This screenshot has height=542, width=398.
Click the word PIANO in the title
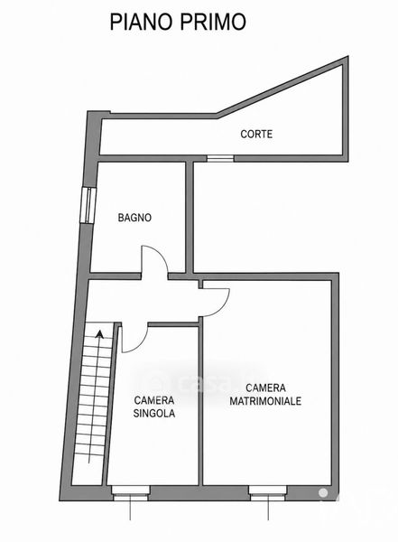click(142, 22)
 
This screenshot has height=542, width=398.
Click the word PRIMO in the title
click(213, 22)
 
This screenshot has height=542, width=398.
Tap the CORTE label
click(256, 134)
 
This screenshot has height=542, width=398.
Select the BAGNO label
click(134, 218)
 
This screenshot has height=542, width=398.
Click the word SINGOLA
click(154, 414)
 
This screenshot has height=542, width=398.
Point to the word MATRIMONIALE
click(265, 401)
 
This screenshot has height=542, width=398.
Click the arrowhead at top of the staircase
click(100, 333)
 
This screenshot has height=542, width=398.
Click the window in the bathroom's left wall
click(87, 205)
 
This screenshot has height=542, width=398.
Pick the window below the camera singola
click(131, 493)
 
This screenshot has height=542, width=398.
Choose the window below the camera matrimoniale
click(268, 493)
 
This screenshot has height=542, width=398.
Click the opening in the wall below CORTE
click(220, 158)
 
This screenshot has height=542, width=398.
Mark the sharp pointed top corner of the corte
click(347, 58)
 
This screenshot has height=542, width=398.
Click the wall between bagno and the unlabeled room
click(190, 217)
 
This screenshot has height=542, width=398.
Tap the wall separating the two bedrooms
click(200, 401)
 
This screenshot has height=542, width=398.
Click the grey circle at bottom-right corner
click(323, 492)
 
